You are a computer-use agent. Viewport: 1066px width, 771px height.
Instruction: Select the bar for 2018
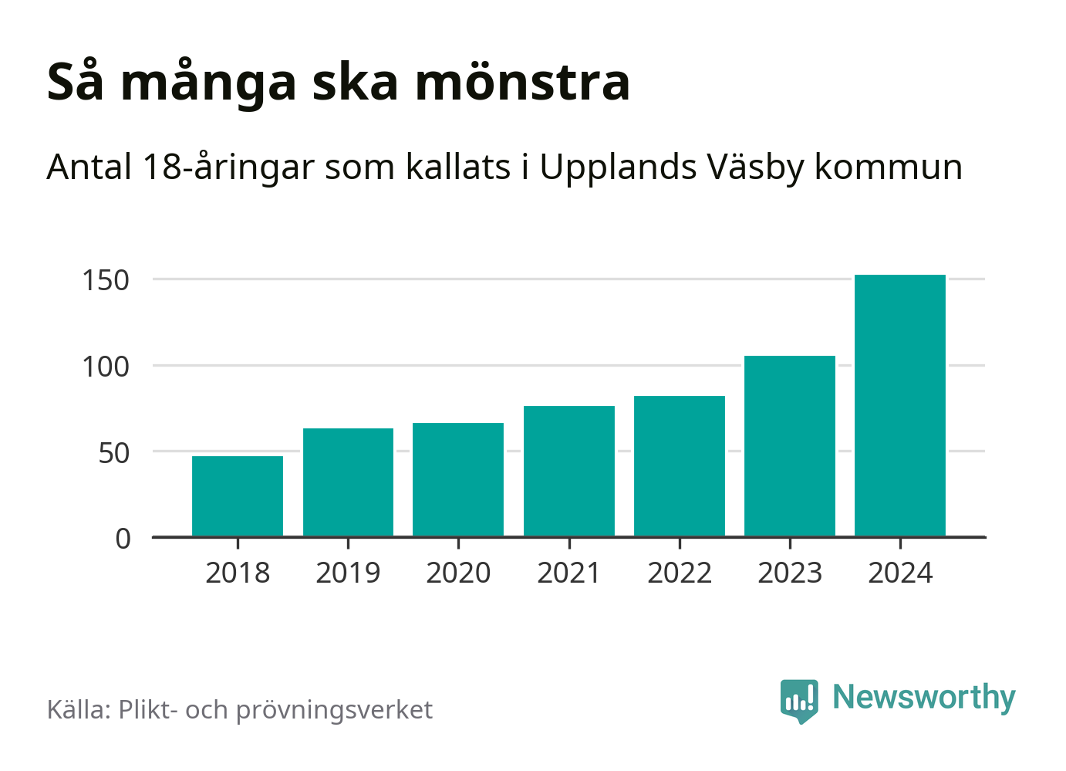coord(238,496)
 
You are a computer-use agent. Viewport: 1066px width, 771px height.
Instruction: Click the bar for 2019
coord(348,482)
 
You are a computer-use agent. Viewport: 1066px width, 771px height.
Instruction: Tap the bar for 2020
coord(458,479)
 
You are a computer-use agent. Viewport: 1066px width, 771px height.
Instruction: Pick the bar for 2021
coord(569,471)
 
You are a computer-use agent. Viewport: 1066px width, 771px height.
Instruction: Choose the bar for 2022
coord(680,466)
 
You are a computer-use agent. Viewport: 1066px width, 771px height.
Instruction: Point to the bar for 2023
coord(790,446)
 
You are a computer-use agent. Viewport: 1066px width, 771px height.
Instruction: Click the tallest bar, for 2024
coord(900,405)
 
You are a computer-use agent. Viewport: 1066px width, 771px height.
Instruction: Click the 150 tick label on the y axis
coord(106,280)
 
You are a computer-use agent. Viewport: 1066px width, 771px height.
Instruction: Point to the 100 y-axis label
coord(106,367)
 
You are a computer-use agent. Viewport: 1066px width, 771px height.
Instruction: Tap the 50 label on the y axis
coord(114,453)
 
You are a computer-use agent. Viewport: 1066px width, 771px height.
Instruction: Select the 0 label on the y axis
coord(123,539)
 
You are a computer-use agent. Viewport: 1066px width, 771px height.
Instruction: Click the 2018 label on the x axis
coord(238,573)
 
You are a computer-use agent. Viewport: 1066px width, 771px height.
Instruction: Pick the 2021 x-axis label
coord(568,573)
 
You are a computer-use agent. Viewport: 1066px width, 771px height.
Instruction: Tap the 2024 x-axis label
coord(900,573)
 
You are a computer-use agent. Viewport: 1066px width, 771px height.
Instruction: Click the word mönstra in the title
coord(523,82)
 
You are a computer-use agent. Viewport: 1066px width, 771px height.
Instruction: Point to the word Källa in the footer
coord(79,709)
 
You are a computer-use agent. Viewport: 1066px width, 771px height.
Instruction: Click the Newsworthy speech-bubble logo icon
coord(799,700)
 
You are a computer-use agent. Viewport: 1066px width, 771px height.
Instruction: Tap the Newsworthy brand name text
coord(924,697)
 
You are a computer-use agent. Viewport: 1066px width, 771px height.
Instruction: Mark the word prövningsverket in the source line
coord(334,710)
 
